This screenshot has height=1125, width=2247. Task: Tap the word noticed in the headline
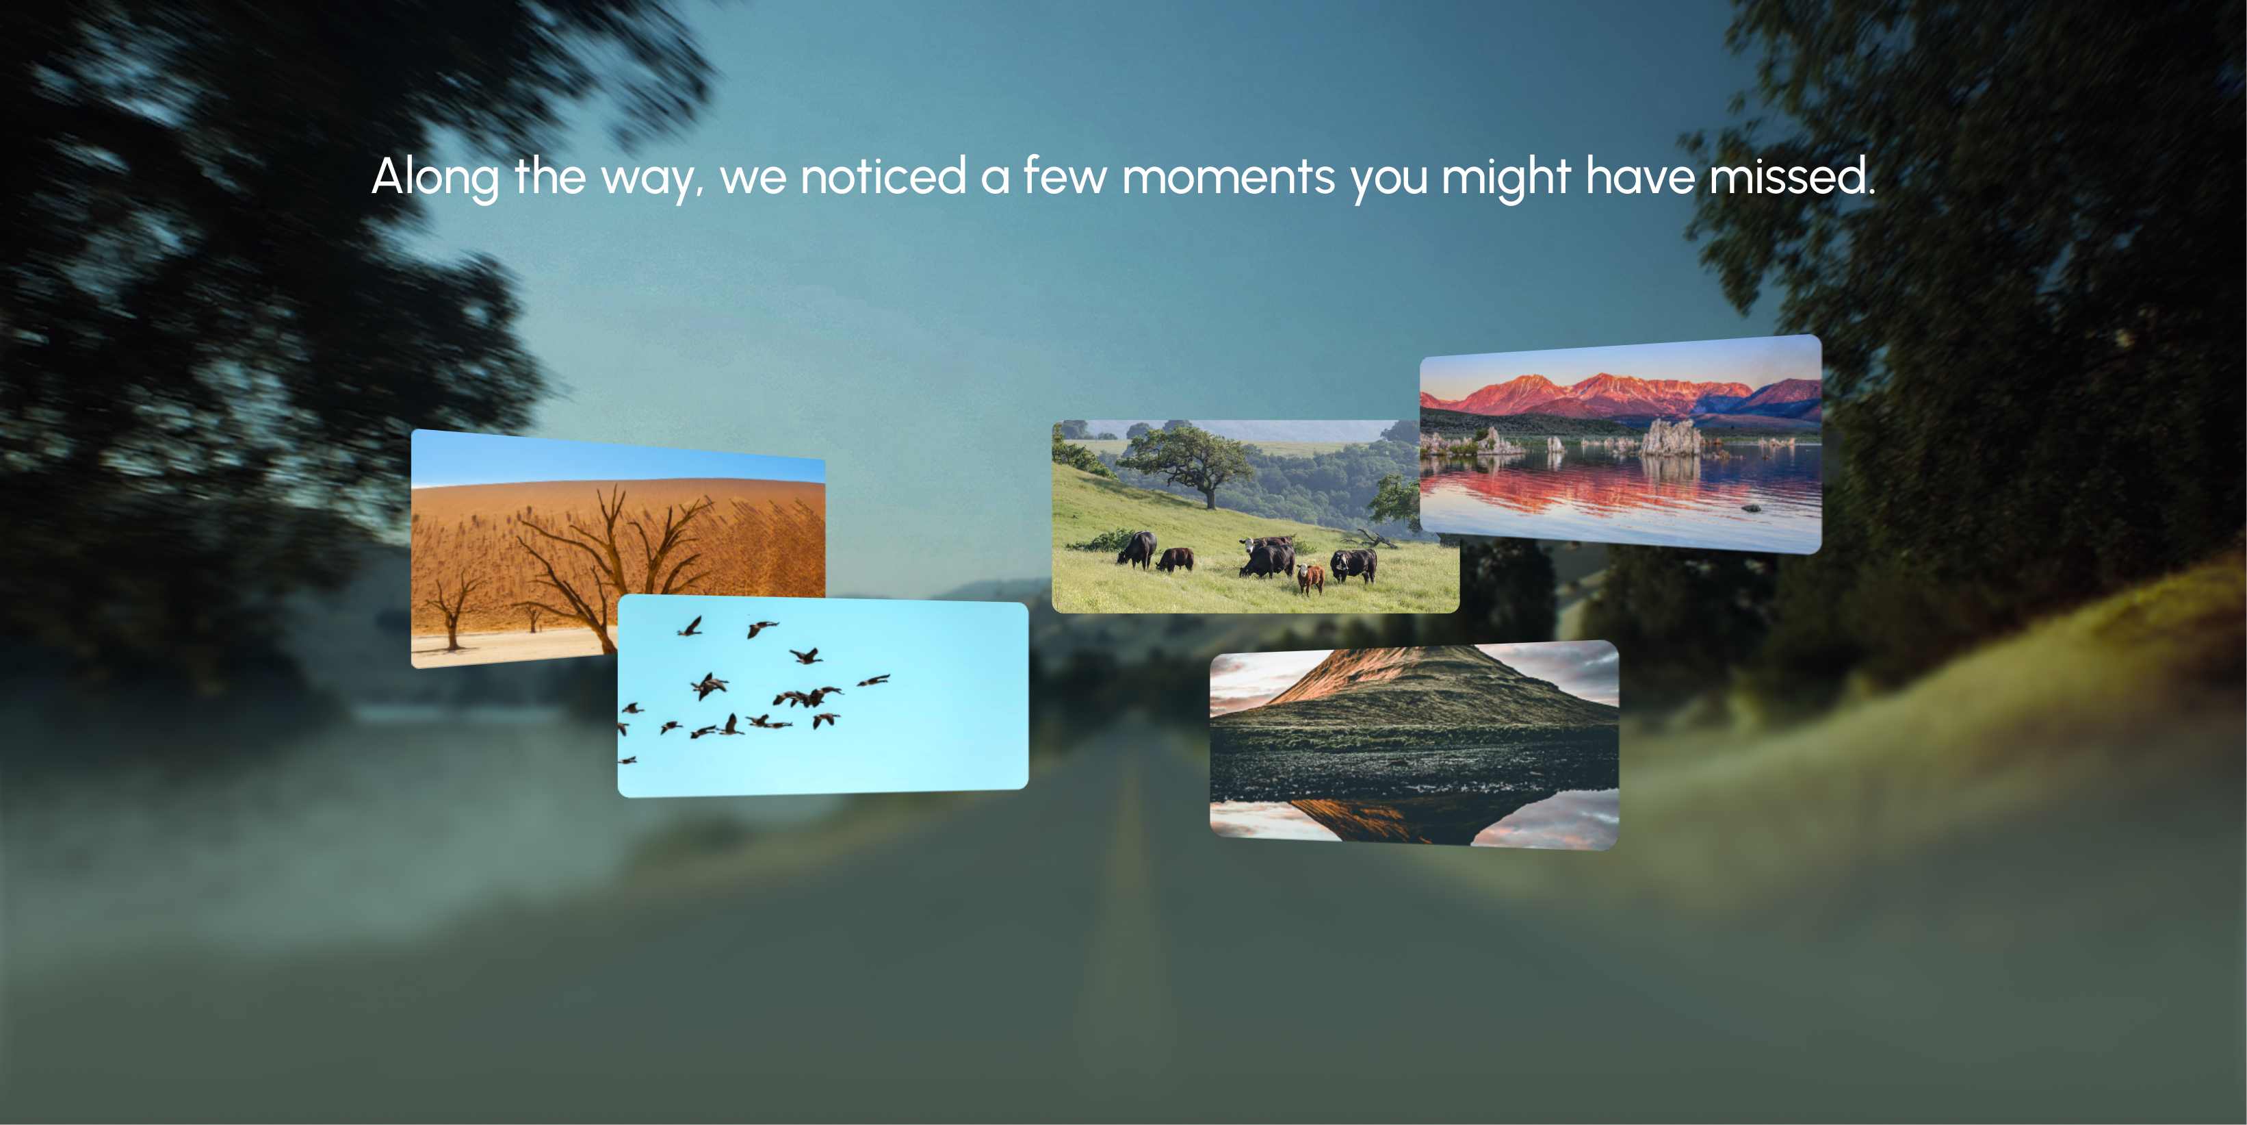coord(883,175)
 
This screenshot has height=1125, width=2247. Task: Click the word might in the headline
coord(1507,178)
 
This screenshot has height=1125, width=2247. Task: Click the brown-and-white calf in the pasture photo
coord(1310,578)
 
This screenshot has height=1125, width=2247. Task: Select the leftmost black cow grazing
coord(1137,550)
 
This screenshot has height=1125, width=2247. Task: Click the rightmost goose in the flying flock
coord(874,680)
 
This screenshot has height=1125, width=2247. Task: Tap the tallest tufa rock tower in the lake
coord(1670,438)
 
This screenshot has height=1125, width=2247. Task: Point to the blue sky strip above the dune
coord(618,461)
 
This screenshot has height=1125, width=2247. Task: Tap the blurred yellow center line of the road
coord(1126,864)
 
